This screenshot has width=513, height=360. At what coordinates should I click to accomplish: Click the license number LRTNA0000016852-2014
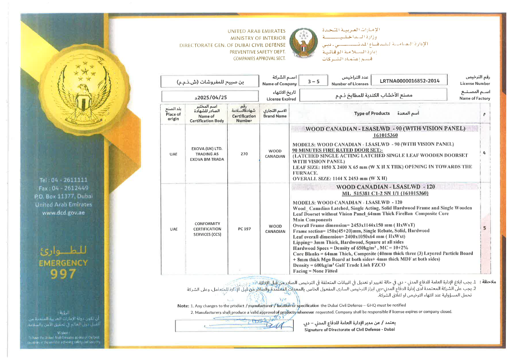pyautogui.click(x=409, y=81)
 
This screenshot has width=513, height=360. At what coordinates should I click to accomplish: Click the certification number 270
pyautogui.click(x=243, y=154)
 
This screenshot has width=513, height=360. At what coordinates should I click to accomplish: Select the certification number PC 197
pyautogui.click(x=243, y=229)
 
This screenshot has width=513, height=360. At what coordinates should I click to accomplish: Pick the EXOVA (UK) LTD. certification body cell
pyautogui.click(x=206, y=154)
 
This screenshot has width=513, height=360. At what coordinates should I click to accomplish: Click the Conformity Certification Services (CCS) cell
pyautogui.click(x=206, y=229)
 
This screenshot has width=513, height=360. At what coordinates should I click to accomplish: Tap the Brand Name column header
pyautogui.click(x=275, y=114)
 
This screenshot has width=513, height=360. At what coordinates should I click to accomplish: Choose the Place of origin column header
pyautogui.click(x=173, y=114)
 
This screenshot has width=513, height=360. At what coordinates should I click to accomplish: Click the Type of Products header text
pyautogui.click(x=372, y=113)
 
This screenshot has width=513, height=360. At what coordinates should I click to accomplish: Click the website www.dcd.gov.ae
pyautogui.click(x=63, y=212)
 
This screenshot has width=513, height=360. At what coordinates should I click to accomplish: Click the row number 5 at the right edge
pyautogui.click(x=484, y=228)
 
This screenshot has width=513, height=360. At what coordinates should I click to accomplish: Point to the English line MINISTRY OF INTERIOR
pyautogui.click(x=258, y=38)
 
